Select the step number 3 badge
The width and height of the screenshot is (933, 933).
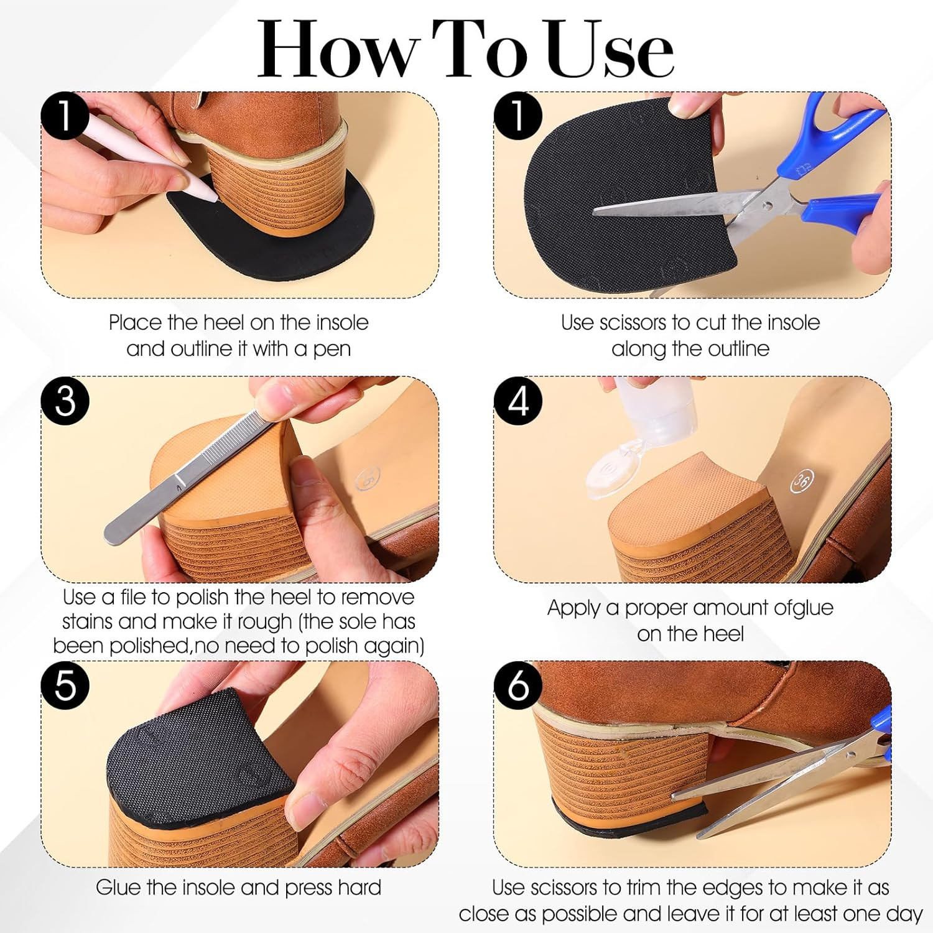(65, 401)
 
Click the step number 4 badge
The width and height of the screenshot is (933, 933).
(518, 401)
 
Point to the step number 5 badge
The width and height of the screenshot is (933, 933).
(65, 685)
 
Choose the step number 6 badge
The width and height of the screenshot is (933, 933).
(518, 685)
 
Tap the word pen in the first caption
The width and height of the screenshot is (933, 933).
(332, 349)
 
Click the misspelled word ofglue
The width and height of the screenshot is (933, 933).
(803, 608)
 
